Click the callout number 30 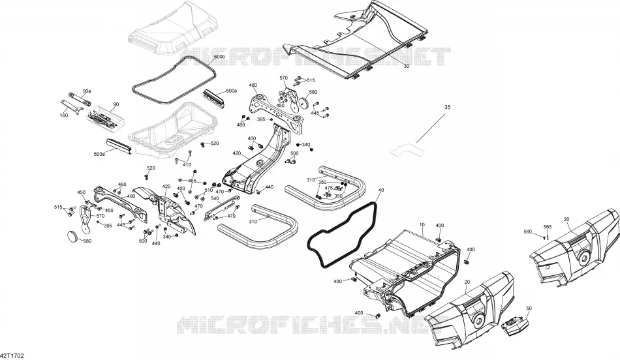407,66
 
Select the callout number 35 447,107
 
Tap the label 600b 219,57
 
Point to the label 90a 87,91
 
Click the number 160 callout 64,115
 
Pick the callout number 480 253,85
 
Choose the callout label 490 131,196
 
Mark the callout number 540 215,198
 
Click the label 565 548,226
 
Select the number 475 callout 328,188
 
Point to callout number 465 192,181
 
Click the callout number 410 187,165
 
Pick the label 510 208,190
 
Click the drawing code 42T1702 12,355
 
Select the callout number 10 422,224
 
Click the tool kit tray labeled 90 105,117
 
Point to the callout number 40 380,190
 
